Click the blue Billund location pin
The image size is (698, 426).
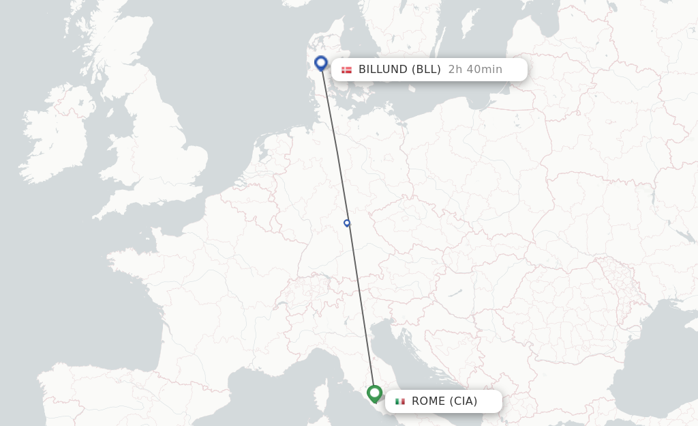click(x=321, y=63)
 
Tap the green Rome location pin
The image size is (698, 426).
click(x=374, y=393)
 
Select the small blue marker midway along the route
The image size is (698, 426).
click(x=347, y=223)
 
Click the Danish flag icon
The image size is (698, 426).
click(x=347, y=70)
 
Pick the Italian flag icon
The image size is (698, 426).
click(x=400, y=401)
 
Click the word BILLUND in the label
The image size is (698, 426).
click(x=383, y=70)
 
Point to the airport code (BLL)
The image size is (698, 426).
click(x=426, y=70)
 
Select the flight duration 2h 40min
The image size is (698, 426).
click(x=475, y=70)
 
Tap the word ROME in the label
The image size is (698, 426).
click(x=428, y=401)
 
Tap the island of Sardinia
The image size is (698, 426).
click(x=316, y=407)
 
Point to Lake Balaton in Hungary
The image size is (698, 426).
click(x=456, y=293)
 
